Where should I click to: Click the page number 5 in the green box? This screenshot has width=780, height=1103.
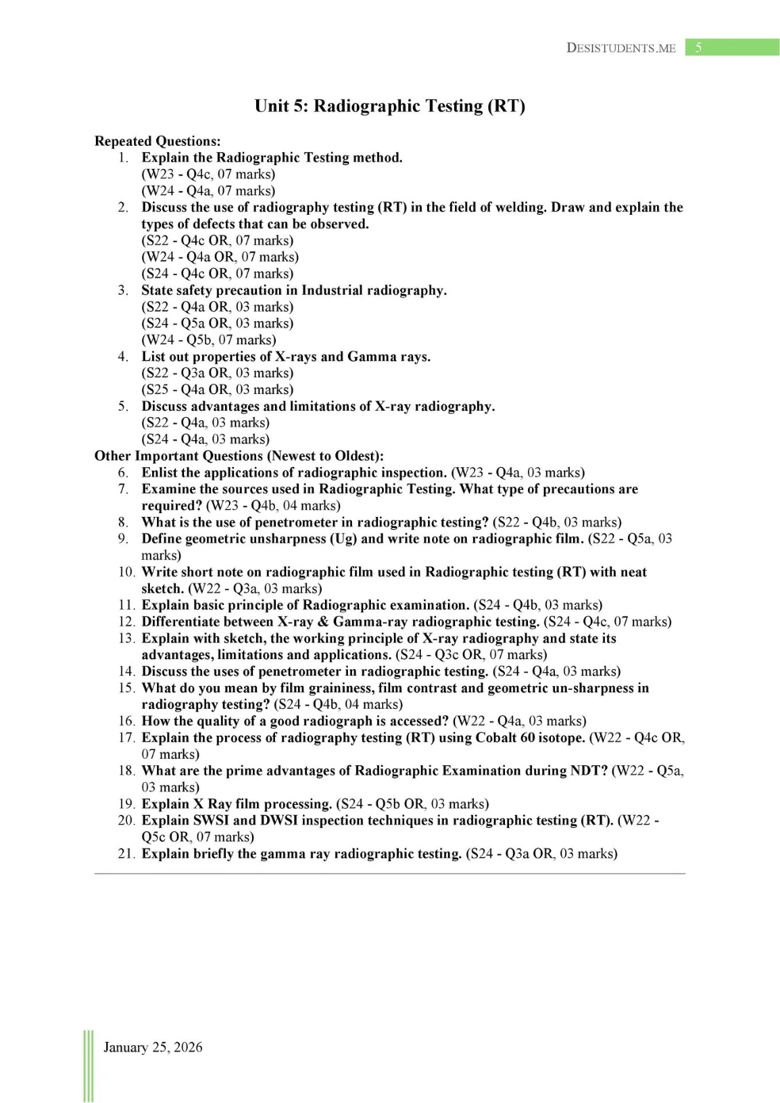pyautogui.click(x=698, y=48)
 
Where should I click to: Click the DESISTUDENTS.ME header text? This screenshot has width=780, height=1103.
pyautogui.click(x=621, y=48)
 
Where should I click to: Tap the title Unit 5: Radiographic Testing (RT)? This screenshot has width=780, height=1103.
pyautogui.click(x=389, y=106)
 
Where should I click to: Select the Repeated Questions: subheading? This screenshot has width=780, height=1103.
pyautogui.click(x=158, y=141)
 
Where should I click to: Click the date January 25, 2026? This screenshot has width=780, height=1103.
pyautogui.click(x=153, y=1047)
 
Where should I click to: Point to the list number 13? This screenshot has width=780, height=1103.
pyautogui.click(x=127, y=638)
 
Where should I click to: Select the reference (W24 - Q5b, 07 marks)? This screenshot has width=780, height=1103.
pyautogui.click(x=208, y=340)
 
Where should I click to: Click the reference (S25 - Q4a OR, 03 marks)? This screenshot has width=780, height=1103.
pyautogui.click(x=217, y=389)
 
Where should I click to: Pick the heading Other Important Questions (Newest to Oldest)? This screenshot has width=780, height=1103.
pyautogui.click(x=239, y=456)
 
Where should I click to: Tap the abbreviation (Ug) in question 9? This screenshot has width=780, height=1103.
pyautogui.click(x=343, y=538)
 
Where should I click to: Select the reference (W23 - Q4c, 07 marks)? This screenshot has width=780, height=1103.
pyautogui.click(x=208, y=174)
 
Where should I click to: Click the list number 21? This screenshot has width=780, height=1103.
pyautogui.click(x=127, y=853)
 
